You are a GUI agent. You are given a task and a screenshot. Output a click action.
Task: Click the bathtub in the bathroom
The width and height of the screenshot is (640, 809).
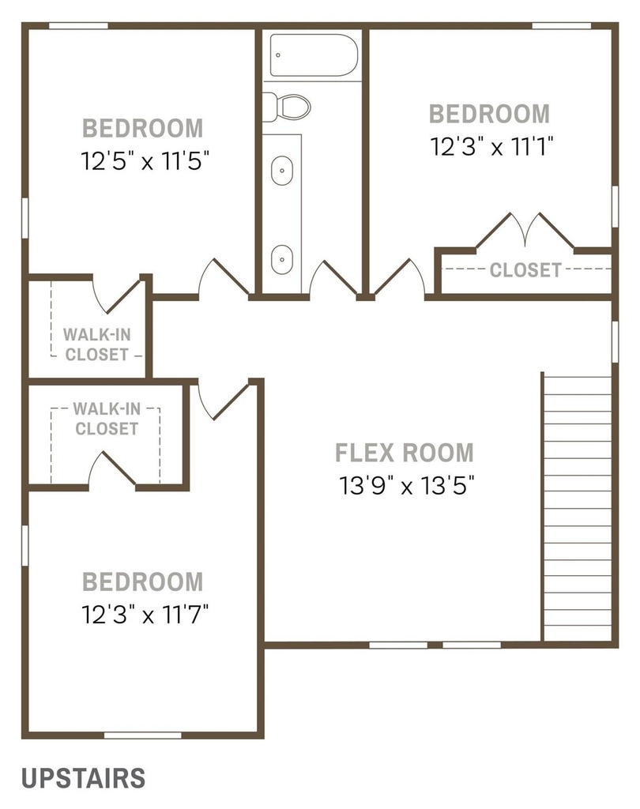314,55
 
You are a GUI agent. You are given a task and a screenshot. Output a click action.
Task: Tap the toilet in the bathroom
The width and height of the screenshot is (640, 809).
286,107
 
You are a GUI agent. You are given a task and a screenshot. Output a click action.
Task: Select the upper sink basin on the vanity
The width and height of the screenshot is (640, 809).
282,170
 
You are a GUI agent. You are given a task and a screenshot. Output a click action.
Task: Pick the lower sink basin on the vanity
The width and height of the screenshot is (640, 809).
282,259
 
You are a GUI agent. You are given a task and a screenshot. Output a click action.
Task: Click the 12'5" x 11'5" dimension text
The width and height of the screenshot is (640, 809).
145,161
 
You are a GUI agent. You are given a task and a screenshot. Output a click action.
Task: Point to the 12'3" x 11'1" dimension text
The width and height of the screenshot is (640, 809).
492,146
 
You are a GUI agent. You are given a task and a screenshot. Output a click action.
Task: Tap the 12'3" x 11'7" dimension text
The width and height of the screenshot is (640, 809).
145,615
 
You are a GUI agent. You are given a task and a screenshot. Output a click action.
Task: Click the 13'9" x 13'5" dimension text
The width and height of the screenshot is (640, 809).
406,485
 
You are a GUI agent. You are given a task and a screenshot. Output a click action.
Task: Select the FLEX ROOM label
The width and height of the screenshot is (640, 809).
404,453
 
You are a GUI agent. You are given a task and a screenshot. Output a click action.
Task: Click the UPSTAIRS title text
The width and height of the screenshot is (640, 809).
83,778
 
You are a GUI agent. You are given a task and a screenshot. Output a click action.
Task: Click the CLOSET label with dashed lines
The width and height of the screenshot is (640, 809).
525,270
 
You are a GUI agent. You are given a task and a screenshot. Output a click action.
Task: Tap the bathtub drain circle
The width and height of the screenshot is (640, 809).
278,55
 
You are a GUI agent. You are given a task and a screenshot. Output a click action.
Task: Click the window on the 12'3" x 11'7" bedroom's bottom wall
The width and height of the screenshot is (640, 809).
142,735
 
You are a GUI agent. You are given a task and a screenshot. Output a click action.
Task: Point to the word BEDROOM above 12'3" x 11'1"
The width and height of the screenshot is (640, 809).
489,114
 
